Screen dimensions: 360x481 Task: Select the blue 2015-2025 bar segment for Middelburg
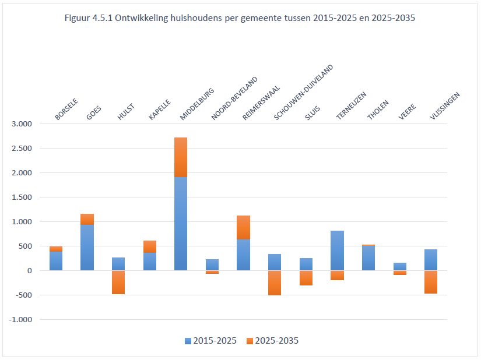pyautogui.click(x=181, y=224)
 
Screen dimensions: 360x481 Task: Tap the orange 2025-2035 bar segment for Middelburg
pyautogui.click(x=181, y=157)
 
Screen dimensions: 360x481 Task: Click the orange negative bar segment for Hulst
pyautogui.click(x=118, y=283)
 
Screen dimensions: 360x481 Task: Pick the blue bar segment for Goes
pyautogui.click(x=87, y=248)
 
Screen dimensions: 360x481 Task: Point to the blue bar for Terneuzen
pyautogui.click(x=337, y=250)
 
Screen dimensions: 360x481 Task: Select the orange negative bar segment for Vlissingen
pyautogui.click(x=431, y=282)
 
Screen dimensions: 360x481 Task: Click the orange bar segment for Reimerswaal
pyautogui.click(x=243, y=228)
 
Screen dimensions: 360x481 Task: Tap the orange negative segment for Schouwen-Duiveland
pyautogui.click(x=275, y=283)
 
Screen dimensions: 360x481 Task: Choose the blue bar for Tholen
pyautogui.click(x=368, y=258)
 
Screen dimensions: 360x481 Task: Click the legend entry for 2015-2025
pyautogui.click(x=210, y=341)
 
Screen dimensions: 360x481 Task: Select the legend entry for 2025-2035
pyautogui.click(x=273, y=341)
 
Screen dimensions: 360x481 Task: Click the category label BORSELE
pyautogui.click(x=66, y=110)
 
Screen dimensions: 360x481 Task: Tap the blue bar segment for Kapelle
pyautogui.click(x=149, y=262)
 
